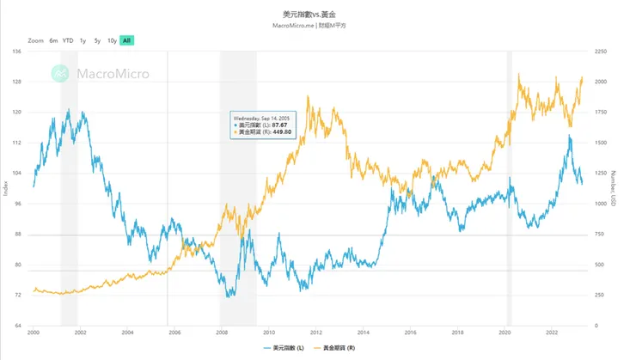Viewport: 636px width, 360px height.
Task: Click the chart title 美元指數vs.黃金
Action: (x=317, y=15)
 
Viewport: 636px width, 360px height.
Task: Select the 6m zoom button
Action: (x=53, y=40)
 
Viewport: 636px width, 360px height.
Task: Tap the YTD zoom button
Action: (x=68, y=40)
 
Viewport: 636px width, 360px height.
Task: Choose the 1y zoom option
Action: (x=83, y=40)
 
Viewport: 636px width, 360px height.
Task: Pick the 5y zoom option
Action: (x=97, y=40)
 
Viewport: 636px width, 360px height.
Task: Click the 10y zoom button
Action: (x=112, y=40)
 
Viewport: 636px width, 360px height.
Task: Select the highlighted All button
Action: (x=127, y=40)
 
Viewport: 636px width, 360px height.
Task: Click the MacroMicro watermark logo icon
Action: (x=59, y=74)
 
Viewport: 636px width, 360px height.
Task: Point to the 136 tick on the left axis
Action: (x=17, y=52)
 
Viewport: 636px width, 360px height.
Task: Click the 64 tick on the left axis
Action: (x=19, y=326)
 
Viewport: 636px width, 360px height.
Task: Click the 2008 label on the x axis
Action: (x=222, y=332)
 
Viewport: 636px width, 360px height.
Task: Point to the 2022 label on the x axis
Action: (x=552, y=332)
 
